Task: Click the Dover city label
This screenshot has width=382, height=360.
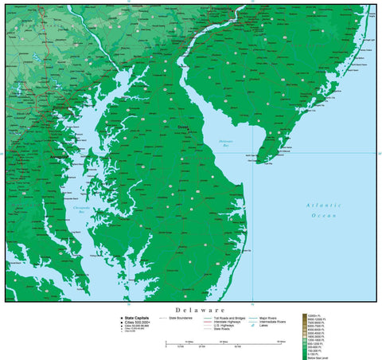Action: click(182, 126)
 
